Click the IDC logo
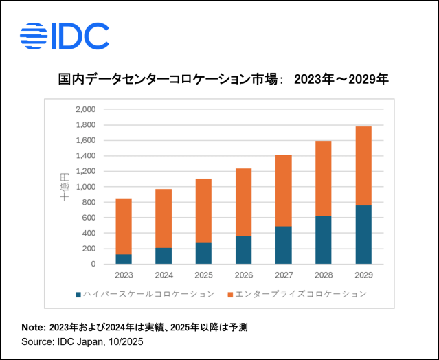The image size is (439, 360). [65, 36]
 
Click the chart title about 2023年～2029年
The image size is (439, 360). [223, 80]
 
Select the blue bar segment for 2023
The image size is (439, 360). [124, 259]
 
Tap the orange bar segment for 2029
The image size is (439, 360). [364, 166]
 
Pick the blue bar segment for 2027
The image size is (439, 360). [284, 245]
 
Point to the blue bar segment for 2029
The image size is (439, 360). [364, 234]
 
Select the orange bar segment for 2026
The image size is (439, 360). [244, 202]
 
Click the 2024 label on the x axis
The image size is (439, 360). [164, 275]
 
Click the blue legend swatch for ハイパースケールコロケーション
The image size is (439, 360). [78, 294]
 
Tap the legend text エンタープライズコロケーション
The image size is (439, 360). [300, 294]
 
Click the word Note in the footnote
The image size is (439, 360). [31, 328]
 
